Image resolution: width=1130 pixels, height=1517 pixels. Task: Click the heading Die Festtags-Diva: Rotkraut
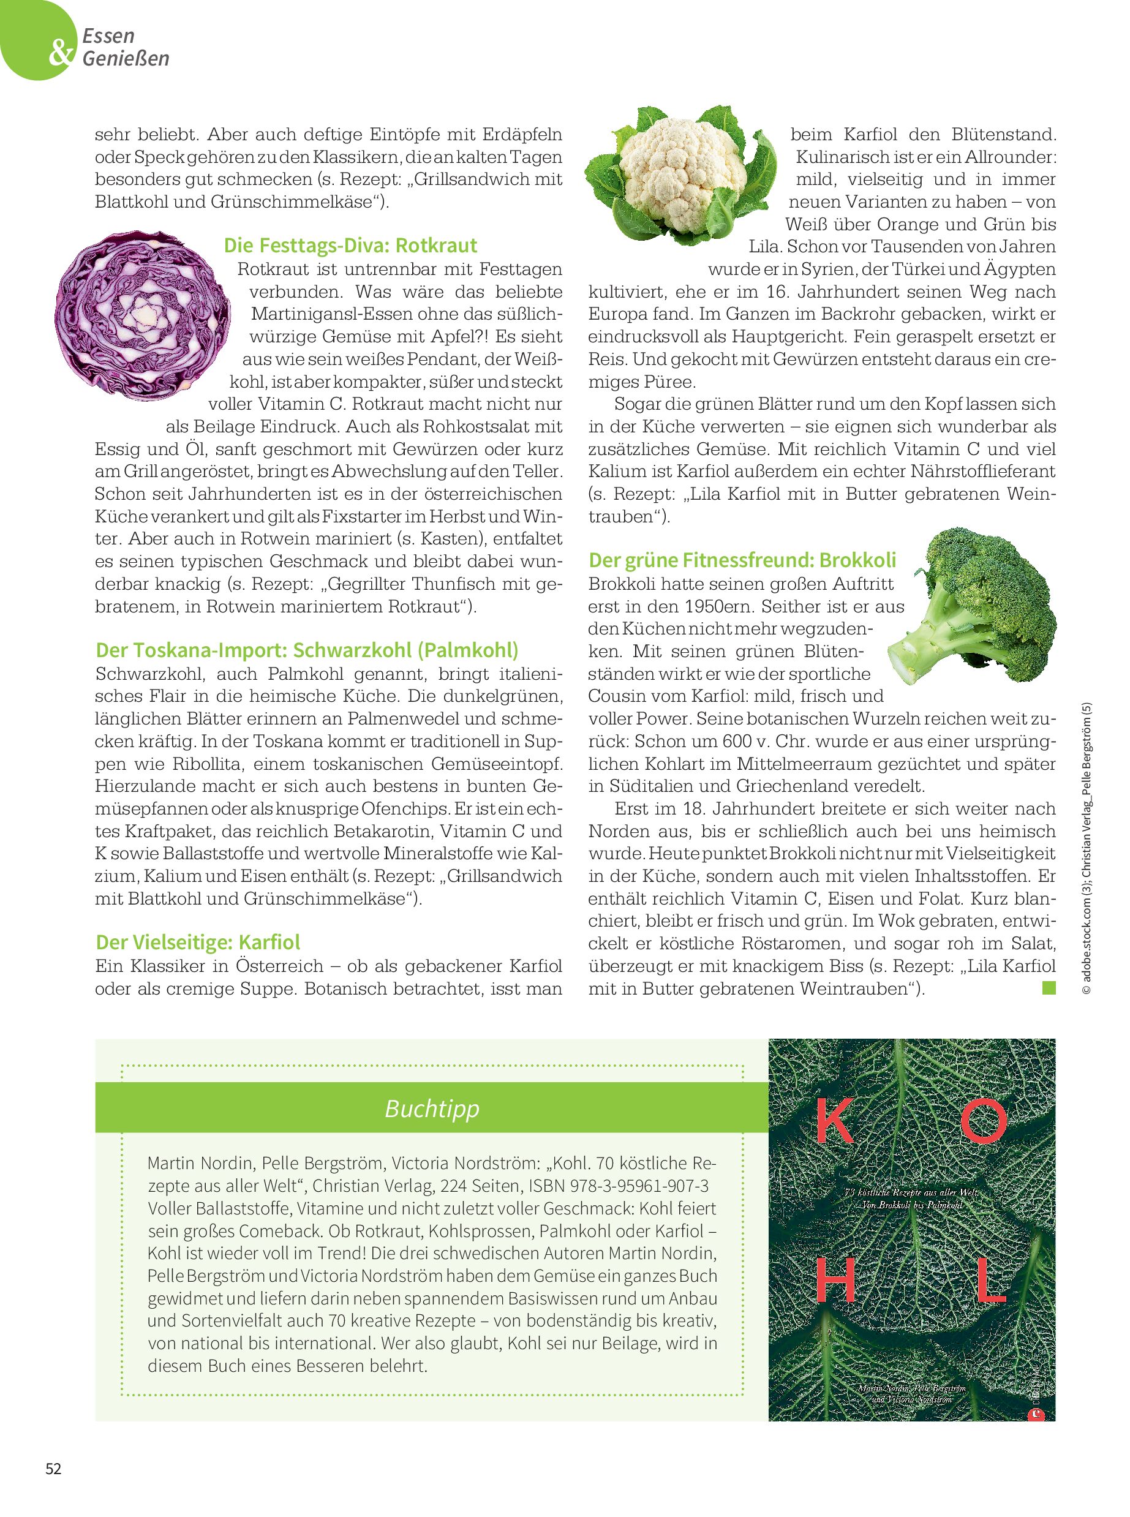point(350,246)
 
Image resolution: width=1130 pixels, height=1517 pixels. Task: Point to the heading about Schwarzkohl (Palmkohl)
point(307,650)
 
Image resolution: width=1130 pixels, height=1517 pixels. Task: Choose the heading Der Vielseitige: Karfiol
point(198,943)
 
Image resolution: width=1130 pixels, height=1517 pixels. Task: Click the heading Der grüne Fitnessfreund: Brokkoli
point(742,560)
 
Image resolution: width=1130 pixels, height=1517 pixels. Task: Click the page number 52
point(53,1469)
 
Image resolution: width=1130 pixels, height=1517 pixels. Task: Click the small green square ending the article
point(1049,988)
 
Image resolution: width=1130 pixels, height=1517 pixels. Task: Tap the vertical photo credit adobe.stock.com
point(1088,957)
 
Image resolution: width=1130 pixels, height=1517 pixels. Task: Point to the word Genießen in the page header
point(126,58)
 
